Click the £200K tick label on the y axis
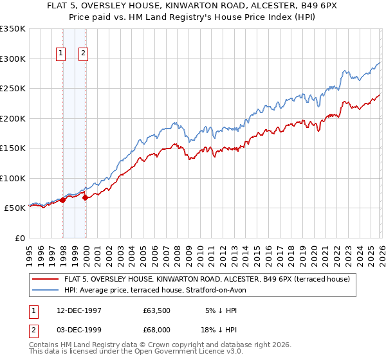13,118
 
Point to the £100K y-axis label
13,178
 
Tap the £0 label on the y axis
20,238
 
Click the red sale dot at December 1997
63,200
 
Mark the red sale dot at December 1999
85,197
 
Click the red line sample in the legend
45,279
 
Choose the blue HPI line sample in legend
45,290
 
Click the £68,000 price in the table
157,328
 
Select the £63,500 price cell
157,310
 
